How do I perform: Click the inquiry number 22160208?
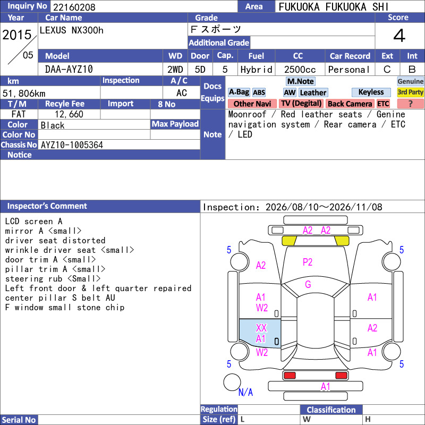click(74, 7)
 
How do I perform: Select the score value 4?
click(399, 36)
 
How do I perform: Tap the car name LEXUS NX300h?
click(72, 30)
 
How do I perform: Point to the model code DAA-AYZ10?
click(69, 70)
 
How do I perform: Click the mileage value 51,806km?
click(24, 93)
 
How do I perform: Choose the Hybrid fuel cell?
click(256, 70)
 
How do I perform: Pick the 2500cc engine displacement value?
click(300, 70)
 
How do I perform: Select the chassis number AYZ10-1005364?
click(72, 145)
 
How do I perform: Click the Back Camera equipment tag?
click(350, 104)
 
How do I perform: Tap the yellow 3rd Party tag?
click(410, 92)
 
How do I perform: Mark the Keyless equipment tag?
click(371, 92)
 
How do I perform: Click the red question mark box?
click(410, 104)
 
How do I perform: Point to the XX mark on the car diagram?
click(261, 328)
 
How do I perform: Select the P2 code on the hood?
click(308, 262)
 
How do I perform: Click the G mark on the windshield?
click(308, 284)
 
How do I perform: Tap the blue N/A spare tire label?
click(245, 392)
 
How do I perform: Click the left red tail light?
click(290, 376)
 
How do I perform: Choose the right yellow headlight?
click(342, 241)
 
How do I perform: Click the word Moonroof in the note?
click(247, 114)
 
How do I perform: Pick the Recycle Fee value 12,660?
click(69, 114)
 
